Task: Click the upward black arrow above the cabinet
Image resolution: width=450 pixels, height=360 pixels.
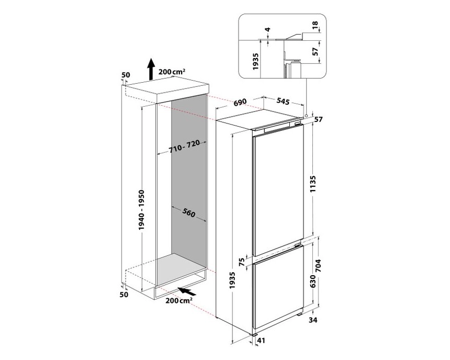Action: (x=150, y=69)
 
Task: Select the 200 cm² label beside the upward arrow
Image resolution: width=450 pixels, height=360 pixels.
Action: (x=173, y=72)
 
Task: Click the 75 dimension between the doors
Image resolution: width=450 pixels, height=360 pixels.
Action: (x=241, y=262)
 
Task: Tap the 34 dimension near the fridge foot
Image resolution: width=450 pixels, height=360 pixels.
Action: (x=312, y=320)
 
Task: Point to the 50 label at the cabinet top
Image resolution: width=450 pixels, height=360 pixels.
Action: (x=125, y=75)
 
